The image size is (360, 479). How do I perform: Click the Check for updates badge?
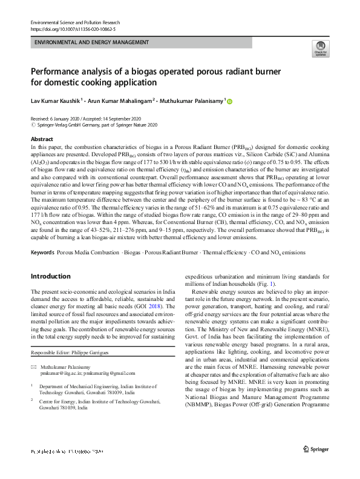[320, 50]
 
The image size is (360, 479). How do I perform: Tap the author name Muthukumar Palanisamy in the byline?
[192, 101]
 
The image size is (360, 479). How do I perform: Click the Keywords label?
[42, 251]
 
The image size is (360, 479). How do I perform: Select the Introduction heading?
[50, 276]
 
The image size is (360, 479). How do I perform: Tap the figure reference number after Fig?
[273, 284]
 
